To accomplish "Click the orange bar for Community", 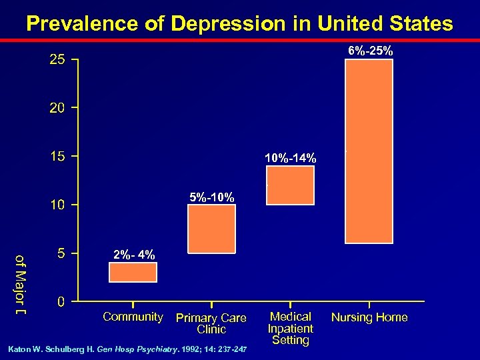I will [133, 272].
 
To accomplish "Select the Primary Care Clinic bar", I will [211, 229].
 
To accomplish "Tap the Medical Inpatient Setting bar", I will [290, 184].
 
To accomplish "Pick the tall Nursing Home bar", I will [369, 151].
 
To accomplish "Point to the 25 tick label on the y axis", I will [57, 61].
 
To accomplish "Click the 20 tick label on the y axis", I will [57, 108].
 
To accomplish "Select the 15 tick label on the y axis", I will [57, 157].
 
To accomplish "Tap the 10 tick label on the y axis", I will [57, 205].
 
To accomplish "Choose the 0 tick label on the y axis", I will [61, 302].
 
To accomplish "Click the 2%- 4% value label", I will [134, 255].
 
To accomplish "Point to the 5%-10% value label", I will [211, 197].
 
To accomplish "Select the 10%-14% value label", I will [290, 158].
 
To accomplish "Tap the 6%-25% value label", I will [371, 51].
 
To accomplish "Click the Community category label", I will [133, 317].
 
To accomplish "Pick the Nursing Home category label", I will [369, 317].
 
